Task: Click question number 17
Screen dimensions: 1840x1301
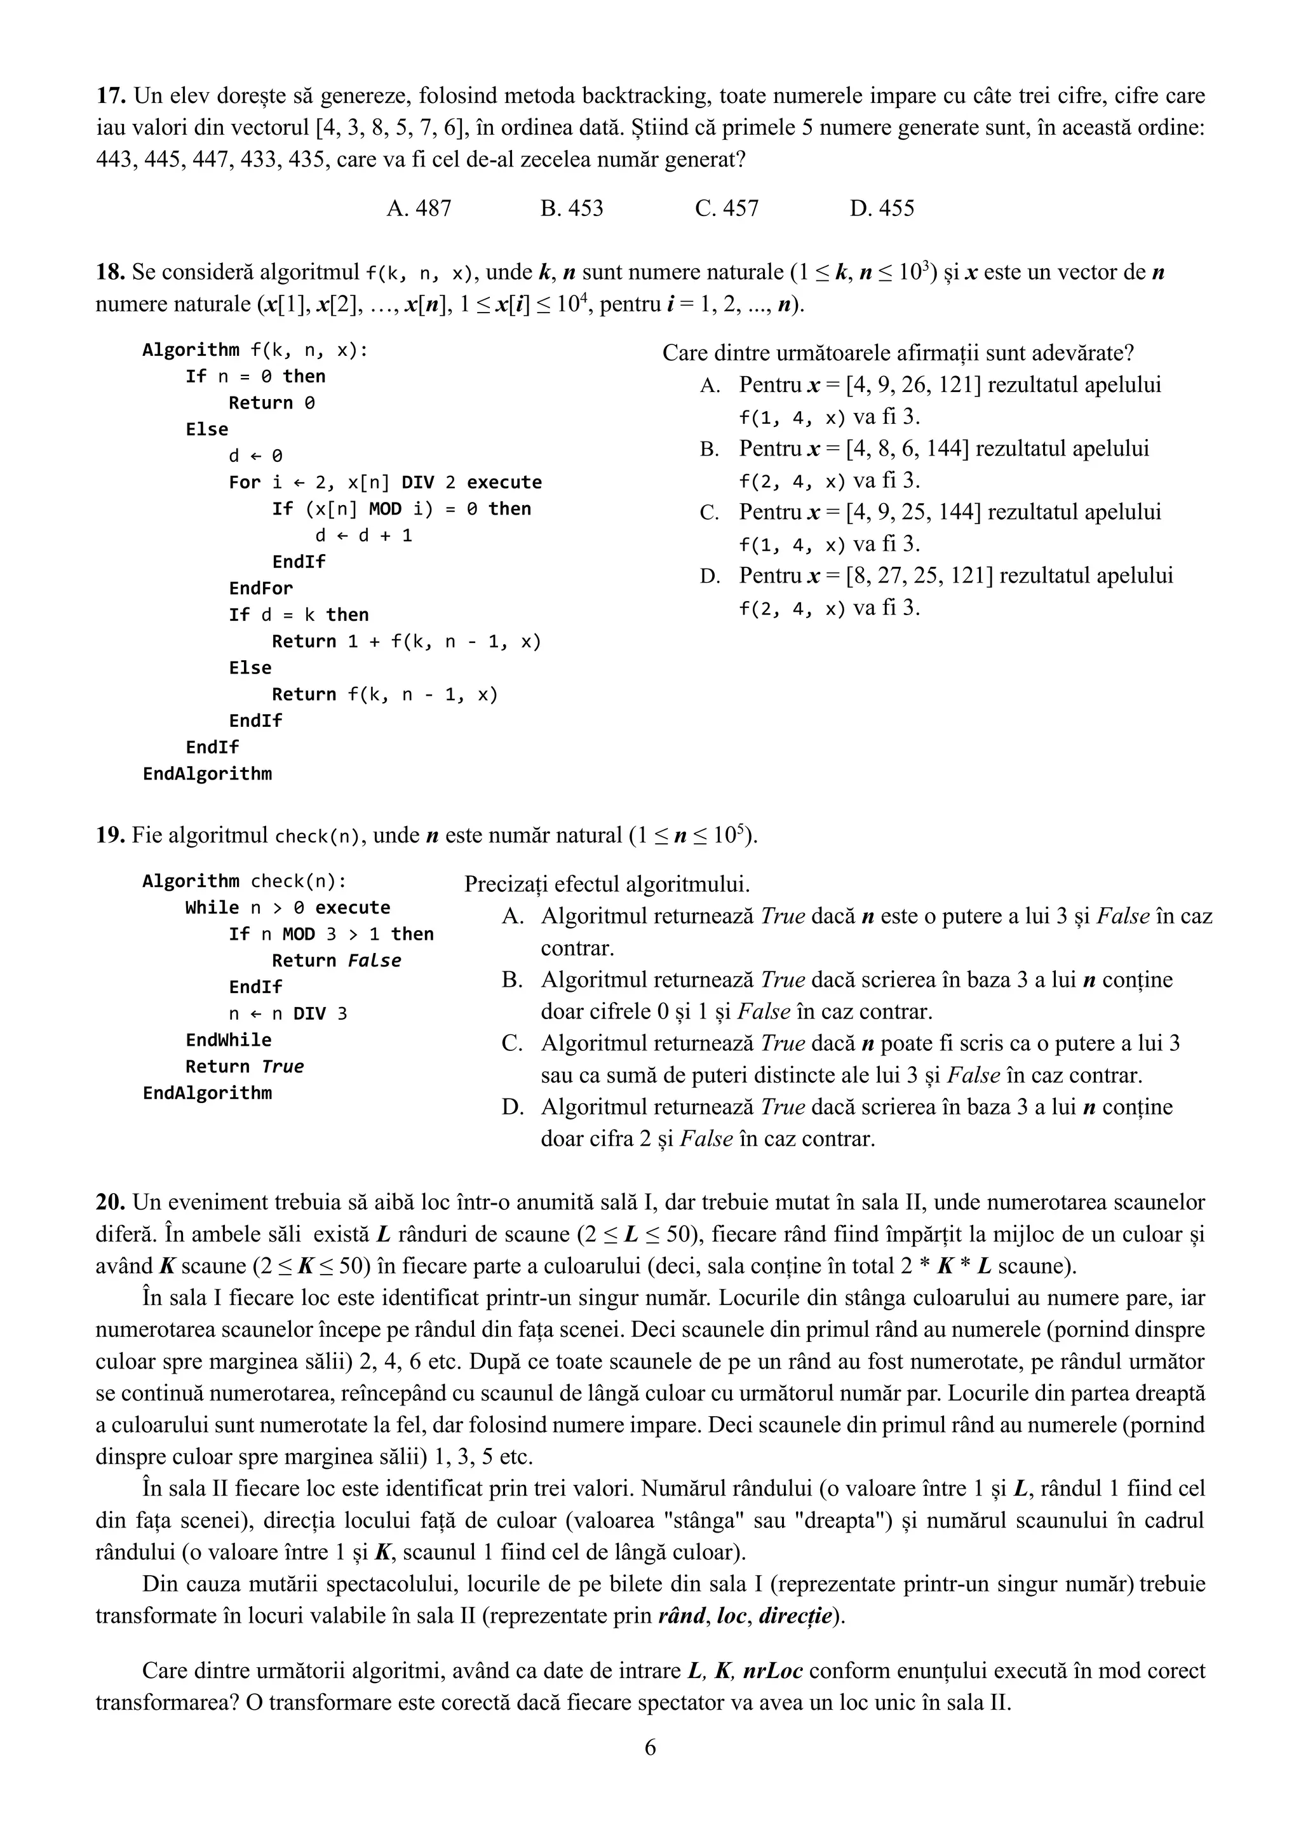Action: point(111,96)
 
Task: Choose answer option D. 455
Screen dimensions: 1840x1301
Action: point(881,208)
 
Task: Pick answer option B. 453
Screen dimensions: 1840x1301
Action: point(572,208)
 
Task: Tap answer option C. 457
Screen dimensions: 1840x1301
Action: point(727,208)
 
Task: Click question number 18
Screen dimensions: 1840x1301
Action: point(111,273)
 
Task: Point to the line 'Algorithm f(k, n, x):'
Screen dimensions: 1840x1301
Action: point(255,350)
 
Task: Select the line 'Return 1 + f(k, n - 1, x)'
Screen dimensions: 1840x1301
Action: point(406,641)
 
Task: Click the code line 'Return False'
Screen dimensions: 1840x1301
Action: point(337,960)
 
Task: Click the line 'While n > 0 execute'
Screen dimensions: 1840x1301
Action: point(288,907)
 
